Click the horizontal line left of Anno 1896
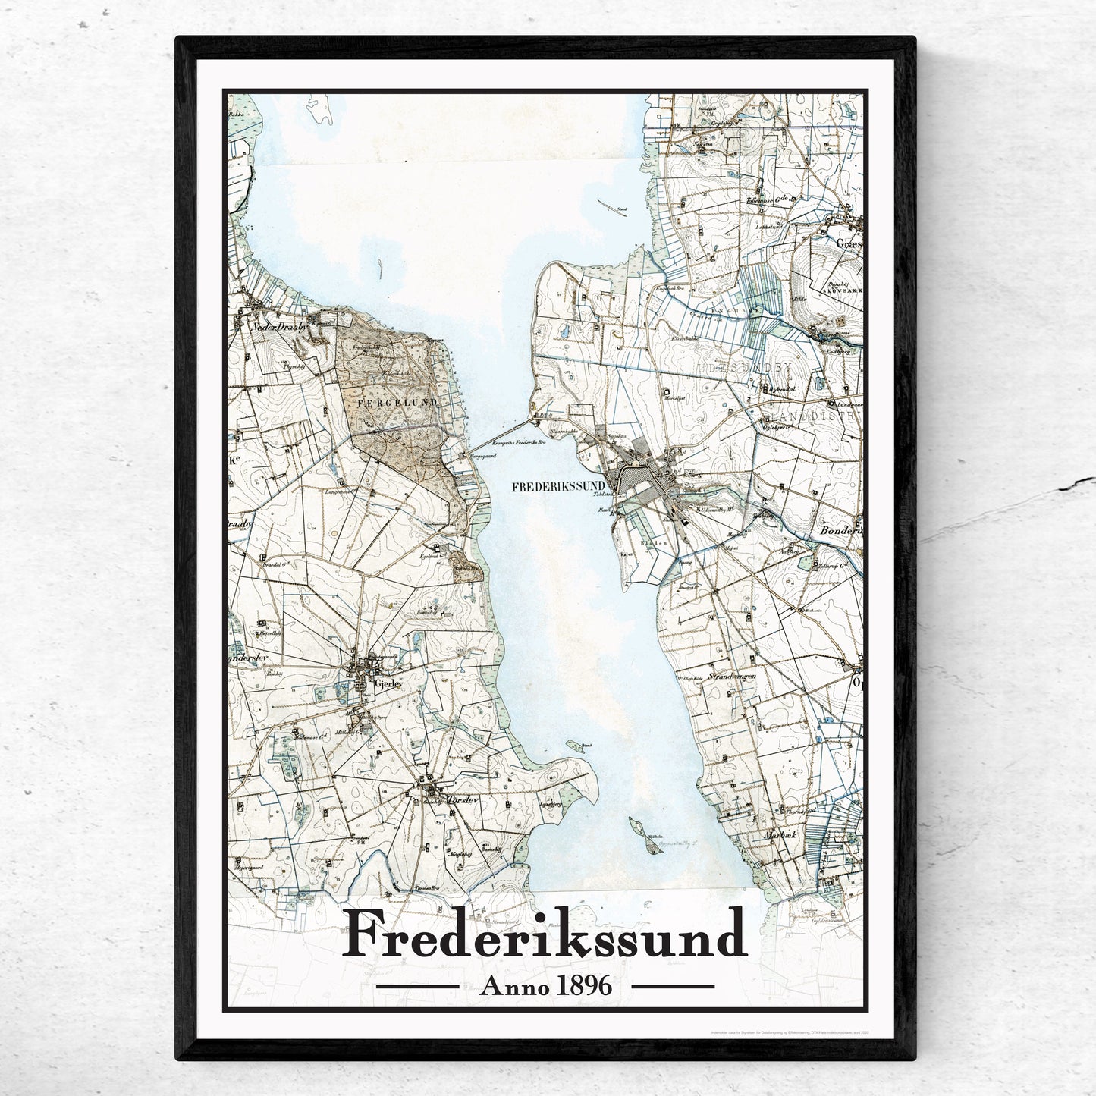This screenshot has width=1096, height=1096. [x=418, y=987]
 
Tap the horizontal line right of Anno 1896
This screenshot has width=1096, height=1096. [x=673, y=987]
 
